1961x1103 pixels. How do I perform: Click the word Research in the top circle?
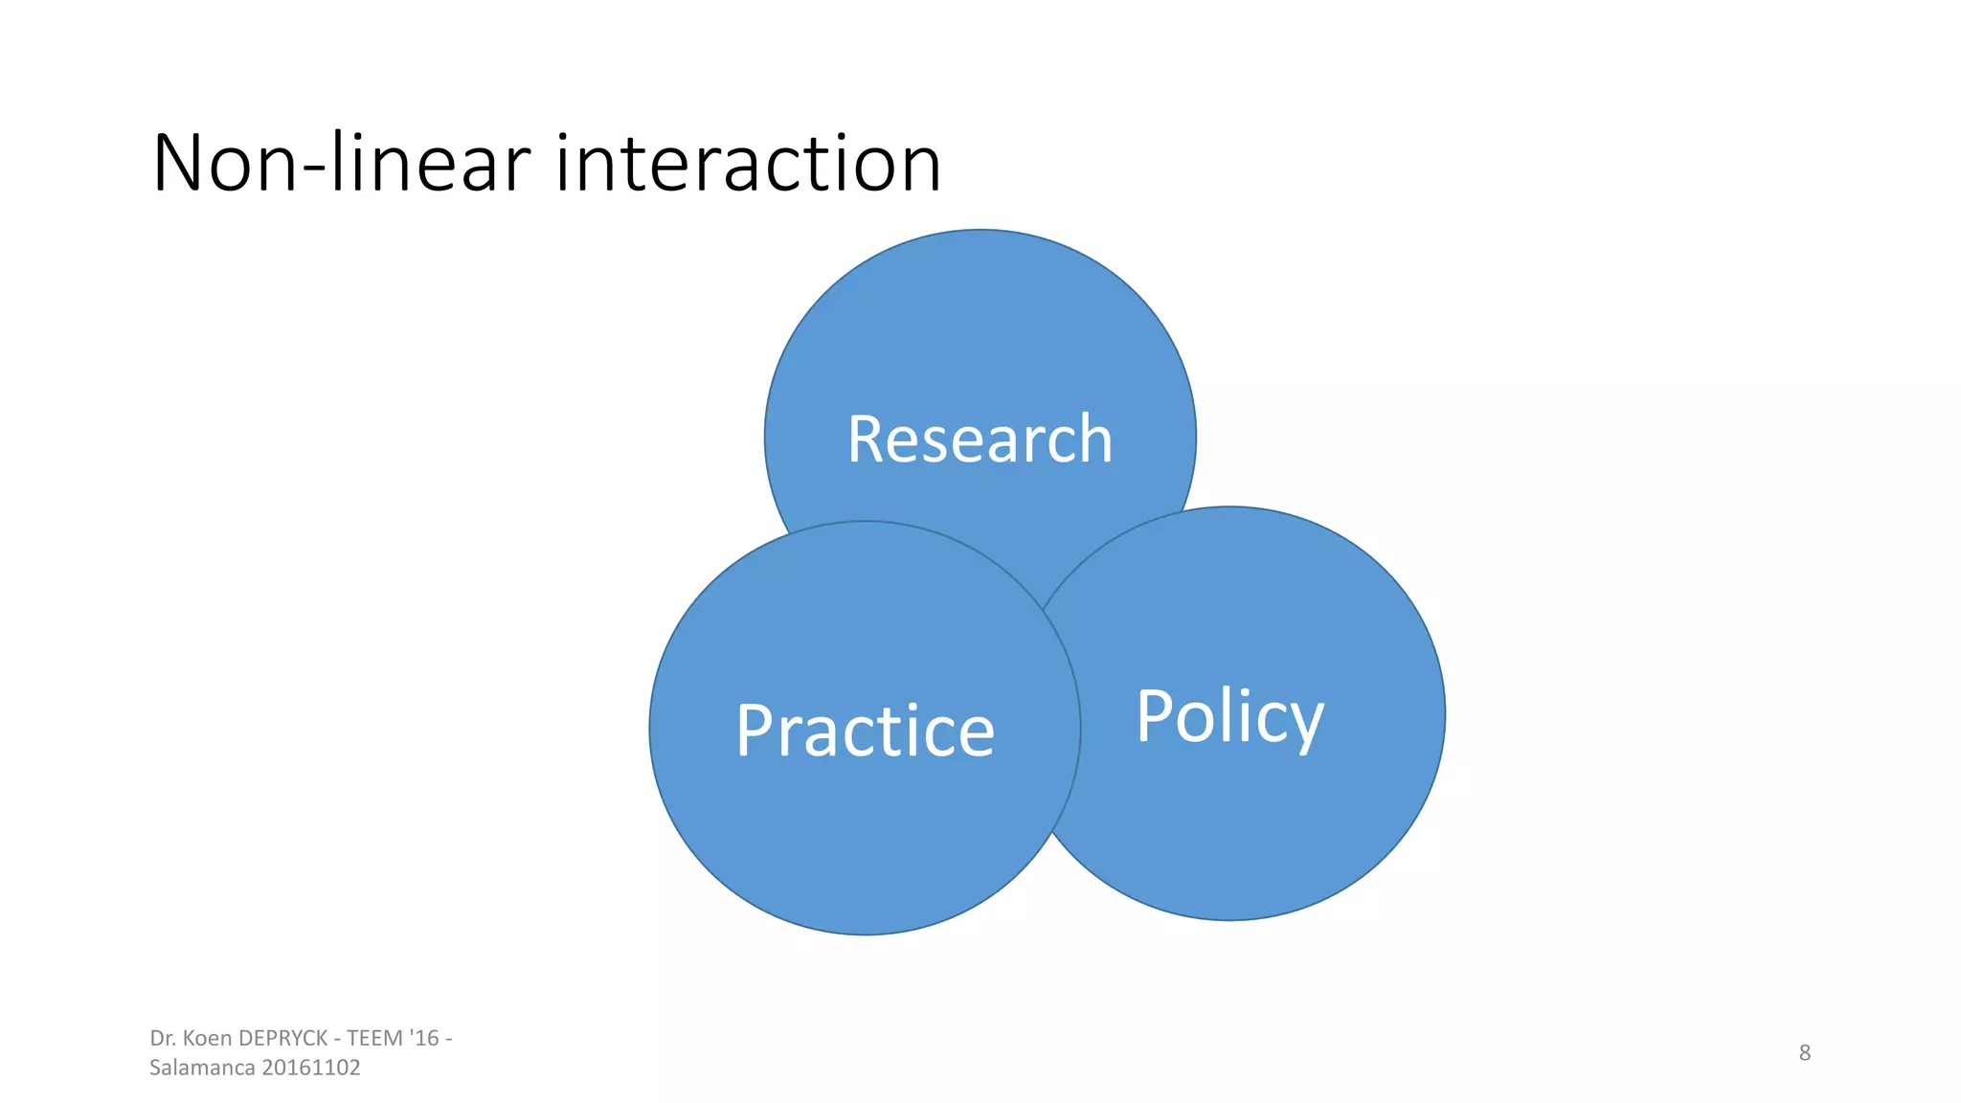[980, 439]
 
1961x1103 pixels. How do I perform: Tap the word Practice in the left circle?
[865, 732]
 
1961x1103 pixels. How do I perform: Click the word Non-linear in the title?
[340, 164]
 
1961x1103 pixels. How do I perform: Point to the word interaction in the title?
[748, 164]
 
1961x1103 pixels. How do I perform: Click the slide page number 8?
[1804, 1052]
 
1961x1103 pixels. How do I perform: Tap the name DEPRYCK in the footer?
[282, 1038]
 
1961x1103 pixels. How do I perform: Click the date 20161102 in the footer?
[311, 1068]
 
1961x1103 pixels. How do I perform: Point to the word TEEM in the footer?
[374, 1038]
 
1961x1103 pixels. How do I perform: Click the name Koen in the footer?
[207, 1038]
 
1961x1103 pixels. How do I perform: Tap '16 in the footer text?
[424, 1038]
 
